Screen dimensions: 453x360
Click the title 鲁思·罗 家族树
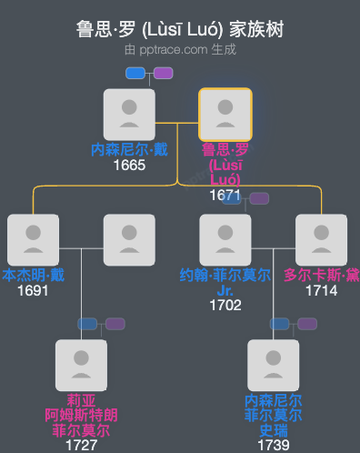coord(180,29)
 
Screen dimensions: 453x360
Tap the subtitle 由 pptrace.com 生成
coord(180,49)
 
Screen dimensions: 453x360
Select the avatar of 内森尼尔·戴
coord(130,114)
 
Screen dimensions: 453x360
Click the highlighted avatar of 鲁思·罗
coord(225,114)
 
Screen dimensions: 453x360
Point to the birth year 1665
coord(130,166)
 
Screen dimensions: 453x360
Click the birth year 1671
coord(225,195)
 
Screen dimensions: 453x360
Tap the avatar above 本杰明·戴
coord(34,240)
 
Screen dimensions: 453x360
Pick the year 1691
coord(34,291)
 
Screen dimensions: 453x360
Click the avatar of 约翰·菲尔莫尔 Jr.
coord(225,240)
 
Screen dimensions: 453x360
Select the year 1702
coord(225,305)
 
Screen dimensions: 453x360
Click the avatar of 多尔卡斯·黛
coord(321,240)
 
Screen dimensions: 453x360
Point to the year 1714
coord(321,291)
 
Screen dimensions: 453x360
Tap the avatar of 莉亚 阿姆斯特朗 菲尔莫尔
coord(82,366)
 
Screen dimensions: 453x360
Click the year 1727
coord(82,445)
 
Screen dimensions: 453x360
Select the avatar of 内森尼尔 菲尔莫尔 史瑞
coord(274,366)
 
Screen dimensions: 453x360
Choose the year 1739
coord(274,445)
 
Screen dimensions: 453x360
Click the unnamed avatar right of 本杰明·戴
coord(129,240)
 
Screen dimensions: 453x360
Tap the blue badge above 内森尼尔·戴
coord(136,73)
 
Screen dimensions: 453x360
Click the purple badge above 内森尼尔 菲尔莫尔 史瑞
coord(307,324)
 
